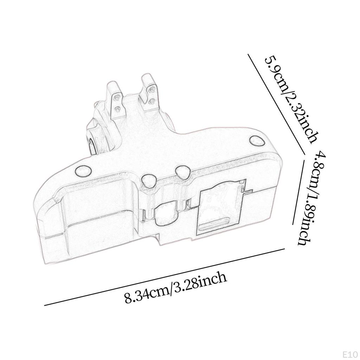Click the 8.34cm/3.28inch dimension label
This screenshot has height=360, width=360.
[176, 288]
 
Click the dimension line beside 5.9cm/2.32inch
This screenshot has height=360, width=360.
[276, 104]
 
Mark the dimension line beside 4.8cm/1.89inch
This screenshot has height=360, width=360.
[298, 192]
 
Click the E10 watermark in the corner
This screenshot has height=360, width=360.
[351, 355]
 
